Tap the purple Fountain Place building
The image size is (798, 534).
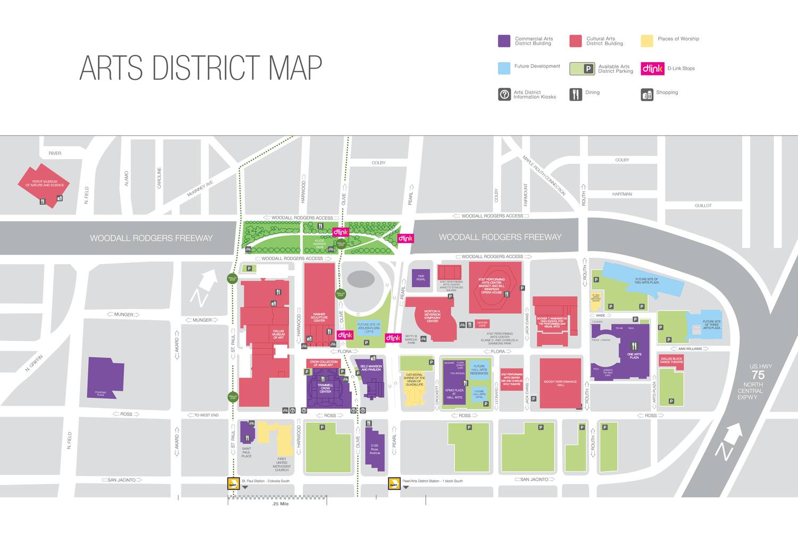coord(105,377)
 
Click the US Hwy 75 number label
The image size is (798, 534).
coord(758,374)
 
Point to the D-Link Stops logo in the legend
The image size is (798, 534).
coord(652,69)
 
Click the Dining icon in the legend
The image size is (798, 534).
coord(576,94)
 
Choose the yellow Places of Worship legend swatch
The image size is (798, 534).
coord(646,41)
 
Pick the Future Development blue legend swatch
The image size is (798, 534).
coord(504,68)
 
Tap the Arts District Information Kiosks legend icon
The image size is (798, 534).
coord(504,94)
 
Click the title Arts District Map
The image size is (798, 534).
coord(201,68)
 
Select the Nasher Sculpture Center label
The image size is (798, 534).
coord(319,318)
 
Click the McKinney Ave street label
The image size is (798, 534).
coord(200,188)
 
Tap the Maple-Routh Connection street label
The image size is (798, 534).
coord(544,176)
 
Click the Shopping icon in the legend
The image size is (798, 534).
coord(647,95)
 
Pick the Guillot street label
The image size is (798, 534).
coord(703,205)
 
